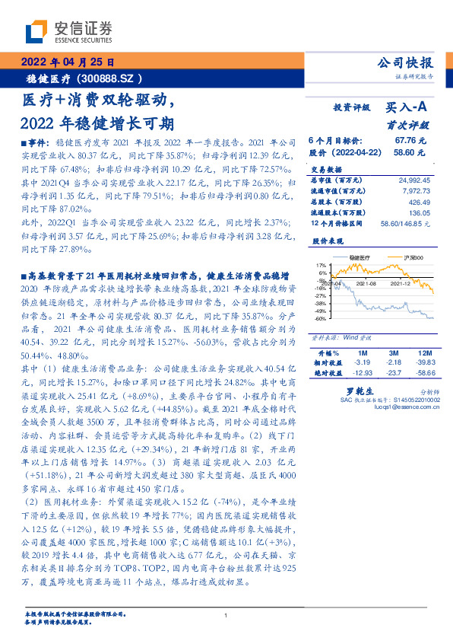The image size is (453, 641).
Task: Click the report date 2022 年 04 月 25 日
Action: (67, 62)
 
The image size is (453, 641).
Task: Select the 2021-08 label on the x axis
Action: (367, 283)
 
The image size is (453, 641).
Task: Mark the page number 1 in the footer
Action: (226, 616)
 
